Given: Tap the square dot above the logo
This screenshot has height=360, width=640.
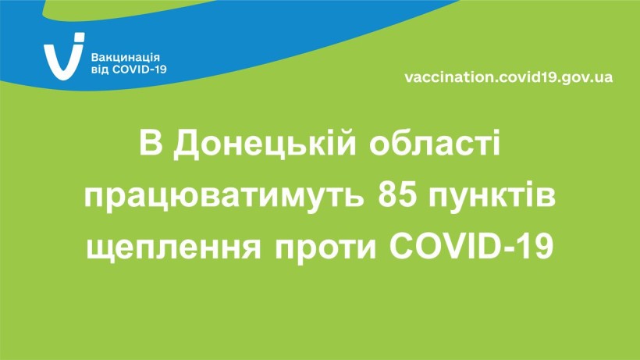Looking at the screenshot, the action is point(79,37).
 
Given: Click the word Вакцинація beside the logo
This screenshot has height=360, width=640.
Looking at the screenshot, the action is point(125,58).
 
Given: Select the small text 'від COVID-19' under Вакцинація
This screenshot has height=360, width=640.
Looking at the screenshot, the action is point(129,70).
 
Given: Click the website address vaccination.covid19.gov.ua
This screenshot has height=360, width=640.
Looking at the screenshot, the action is point(509,77).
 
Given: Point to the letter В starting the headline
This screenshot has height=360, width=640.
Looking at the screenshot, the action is point(151,142).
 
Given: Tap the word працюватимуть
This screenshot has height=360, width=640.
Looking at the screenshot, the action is point(224,197).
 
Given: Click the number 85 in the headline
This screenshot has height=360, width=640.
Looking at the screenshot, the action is point(397,195).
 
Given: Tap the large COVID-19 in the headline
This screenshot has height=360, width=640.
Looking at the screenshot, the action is point(471,247).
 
